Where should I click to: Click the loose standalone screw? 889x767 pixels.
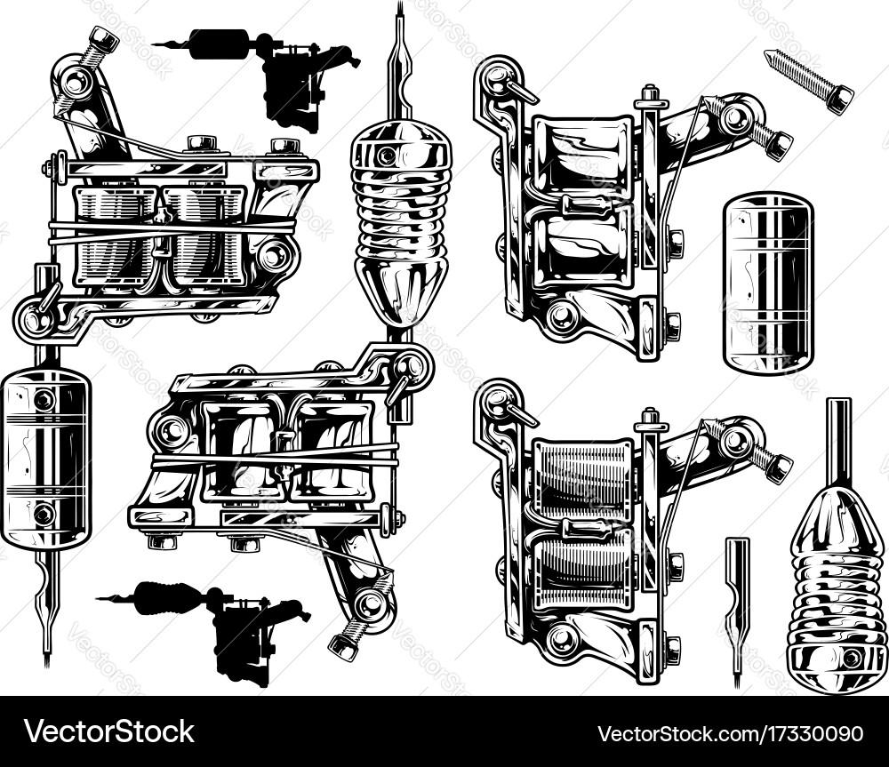click(x=808, y=82)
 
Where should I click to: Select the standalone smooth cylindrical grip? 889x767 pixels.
click(x=768, y=281)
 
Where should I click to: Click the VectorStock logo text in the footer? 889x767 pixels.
click(x=108, y=731)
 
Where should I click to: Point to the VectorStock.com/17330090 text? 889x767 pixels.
click(x=730, y=733)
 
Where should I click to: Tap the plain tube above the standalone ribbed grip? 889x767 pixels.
click(x=839, y=443)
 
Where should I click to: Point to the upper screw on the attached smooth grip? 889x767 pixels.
click(x=44, y=400)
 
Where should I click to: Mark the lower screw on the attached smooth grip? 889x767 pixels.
click(x=44, y=515)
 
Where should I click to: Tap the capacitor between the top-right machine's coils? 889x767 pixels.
click(x=584, y=206)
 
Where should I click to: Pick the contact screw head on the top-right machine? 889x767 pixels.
click(x=778, y=145)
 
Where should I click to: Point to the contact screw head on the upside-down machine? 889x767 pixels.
click(x=343, y=646)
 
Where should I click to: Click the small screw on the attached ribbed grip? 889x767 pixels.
click(x=388, y=154)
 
